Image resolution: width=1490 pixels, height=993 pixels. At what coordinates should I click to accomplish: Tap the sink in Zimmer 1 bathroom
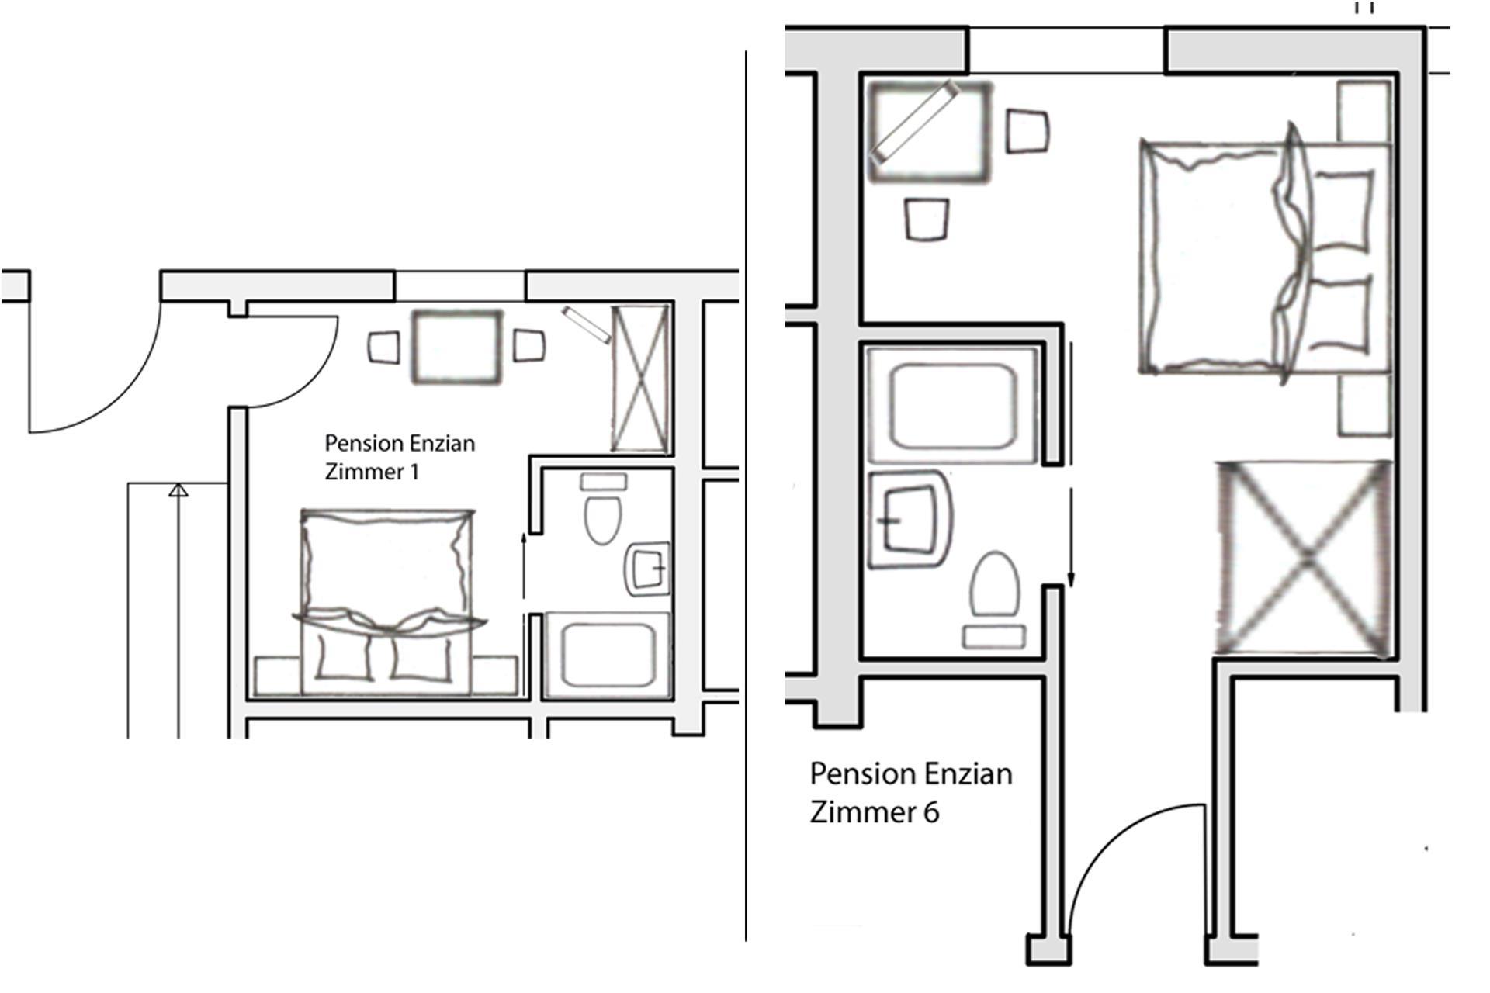coord(647,569)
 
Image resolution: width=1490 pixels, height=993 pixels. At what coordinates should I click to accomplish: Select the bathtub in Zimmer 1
coord(607,655)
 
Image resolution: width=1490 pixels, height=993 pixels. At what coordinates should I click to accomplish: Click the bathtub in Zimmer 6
coord(953,405)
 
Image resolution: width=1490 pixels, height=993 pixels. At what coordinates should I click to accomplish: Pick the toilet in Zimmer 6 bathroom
coord(994,600)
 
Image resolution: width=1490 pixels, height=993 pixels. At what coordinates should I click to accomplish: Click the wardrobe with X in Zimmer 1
coord(639,379)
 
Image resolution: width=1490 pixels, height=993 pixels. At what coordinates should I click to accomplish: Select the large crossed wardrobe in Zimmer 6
coord(1304,557)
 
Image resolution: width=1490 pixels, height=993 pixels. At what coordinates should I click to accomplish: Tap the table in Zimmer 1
coord(456,347)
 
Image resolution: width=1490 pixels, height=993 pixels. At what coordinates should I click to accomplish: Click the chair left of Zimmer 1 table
coord(383,347)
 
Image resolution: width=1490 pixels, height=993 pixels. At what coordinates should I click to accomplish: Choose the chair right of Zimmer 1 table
coord(528,345)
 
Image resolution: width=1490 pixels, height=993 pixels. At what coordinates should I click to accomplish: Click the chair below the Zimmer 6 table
coord(927,220)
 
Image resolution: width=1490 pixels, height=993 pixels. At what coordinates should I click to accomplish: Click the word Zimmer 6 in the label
coord(875,812)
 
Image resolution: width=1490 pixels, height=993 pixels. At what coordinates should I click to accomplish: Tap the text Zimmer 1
coord(372,472)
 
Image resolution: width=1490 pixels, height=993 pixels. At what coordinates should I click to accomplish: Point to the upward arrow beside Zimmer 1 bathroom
coord(525,566)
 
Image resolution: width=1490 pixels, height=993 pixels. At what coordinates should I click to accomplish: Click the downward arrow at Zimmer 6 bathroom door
coord(1072,538)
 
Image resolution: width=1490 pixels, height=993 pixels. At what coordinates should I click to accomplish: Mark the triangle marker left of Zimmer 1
coord(178,490)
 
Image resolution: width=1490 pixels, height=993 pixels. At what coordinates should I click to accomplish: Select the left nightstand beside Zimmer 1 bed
coord(278,676)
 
